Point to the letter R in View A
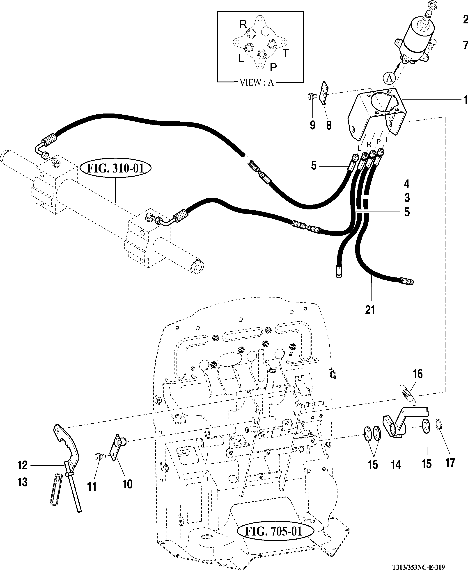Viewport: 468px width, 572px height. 243,25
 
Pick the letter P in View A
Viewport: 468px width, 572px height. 273,67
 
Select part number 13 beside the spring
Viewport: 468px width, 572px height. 22,482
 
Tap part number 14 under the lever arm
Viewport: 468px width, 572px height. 396,465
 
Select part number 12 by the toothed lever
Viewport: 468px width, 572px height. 22,465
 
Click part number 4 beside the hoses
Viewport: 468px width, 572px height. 406,184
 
